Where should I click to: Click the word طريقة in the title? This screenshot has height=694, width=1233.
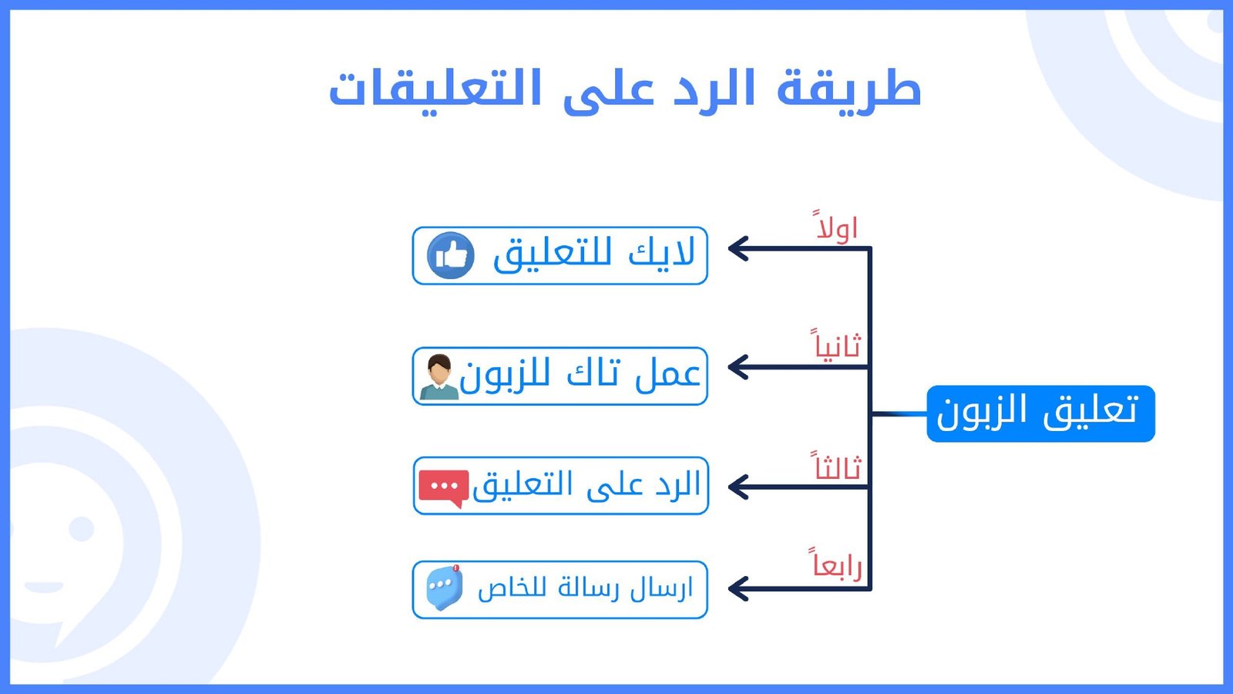coord(848,89)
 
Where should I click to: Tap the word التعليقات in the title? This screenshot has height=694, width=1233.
coord(436,89)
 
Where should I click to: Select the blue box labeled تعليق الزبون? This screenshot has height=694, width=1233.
coord(1040,413)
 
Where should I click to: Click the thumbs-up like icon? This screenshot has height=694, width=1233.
coord(451,255)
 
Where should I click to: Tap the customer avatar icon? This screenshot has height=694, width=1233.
coord(439,377)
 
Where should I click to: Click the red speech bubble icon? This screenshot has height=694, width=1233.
coord(444,487)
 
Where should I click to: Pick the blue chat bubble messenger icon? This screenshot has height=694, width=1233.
coord(445,588)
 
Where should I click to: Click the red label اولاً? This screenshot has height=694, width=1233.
coord(837,227)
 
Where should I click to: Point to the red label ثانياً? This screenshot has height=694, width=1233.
coord(837,345)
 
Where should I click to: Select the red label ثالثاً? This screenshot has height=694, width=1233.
coord(837,467)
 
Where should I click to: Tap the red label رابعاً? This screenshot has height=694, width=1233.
coord(837,565)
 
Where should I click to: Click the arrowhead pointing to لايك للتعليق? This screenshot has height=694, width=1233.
coord(738,248)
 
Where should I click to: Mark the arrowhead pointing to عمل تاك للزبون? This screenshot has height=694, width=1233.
coord(738,367)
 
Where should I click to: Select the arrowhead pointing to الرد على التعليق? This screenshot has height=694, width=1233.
coord(738,487)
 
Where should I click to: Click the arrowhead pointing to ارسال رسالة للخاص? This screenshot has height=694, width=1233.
coord(738,589)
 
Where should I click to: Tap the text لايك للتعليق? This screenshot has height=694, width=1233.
coord(593,254)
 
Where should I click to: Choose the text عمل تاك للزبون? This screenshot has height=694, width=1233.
coord(580,376)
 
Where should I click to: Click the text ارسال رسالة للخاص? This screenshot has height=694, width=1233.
coord(585,588)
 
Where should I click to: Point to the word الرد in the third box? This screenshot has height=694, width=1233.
coord(678,485)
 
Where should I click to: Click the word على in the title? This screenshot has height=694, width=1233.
coord(609,90)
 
